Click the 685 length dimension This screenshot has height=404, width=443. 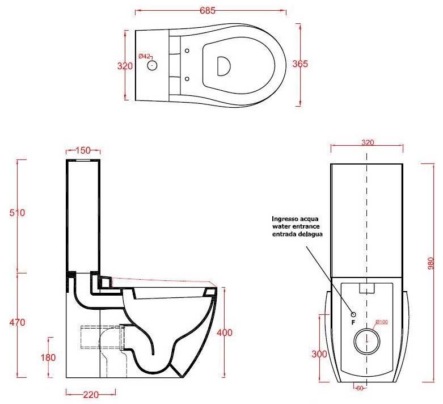[208, 10]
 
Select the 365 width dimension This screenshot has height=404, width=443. [300, 64]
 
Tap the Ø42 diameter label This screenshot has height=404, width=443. [145, 56]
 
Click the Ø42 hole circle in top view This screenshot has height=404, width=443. [152, 65]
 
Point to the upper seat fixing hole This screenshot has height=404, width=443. [187, 51]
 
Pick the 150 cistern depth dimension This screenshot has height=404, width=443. [83, 150]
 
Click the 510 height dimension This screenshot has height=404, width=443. [17, 213]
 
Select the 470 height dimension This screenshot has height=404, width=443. [17, 322]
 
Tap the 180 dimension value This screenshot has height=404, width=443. [48, 357]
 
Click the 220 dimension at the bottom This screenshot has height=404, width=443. [91, 395]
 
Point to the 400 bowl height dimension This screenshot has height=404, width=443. [225, 333]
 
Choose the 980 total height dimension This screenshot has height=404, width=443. [431, 263]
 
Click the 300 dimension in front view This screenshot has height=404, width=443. [319, 354]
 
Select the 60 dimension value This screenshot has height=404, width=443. [360, 389]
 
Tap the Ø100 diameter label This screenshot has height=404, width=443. [382, 322]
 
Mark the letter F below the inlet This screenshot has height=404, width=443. [353, 322]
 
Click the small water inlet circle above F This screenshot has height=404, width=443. [353, 314]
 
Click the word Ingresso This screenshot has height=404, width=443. [285, 219]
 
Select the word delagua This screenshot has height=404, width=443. [310, 234]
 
